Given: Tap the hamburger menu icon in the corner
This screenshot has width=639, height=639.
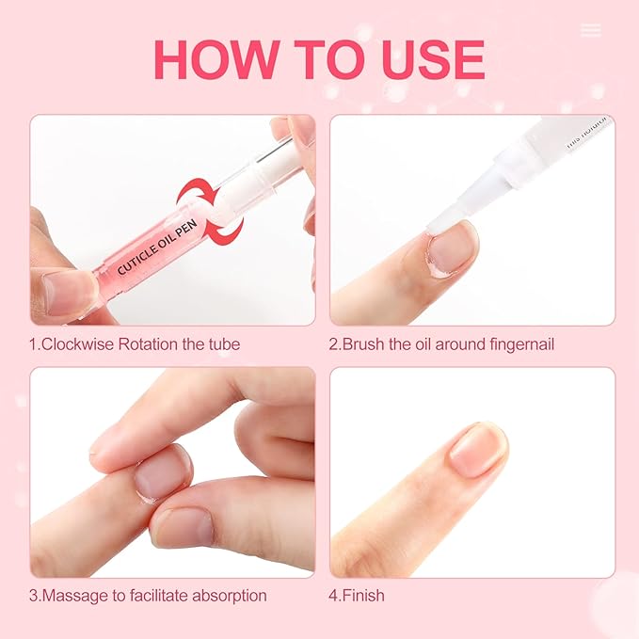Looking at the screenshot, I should pos(591,30).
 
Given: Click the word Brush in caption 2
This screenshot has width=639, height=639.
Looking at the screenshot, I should pos(365,344).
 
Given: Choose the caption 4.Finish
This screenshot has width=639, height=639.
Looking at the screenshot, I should pos(357,596).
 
